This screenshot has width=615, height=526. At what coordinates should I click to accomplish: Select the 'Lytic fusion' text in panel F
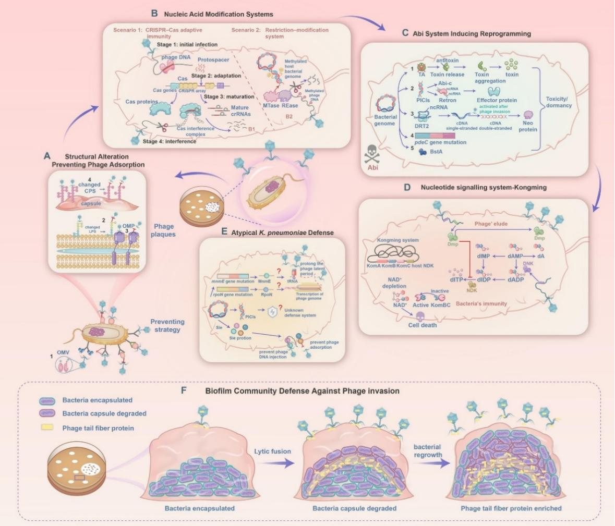pos(272,451)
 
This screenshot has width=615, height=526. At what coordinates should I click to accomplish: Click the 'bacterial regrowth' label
pos(427,451)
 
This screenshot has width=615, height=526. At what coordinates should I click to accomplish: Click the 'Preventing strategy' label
pos(167,326)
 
